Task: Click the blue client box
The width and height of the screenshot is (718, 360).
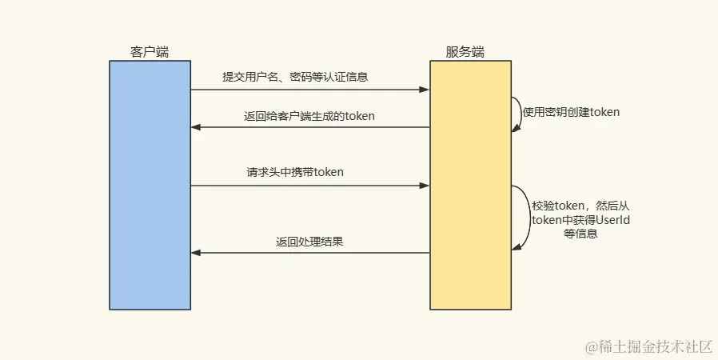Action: (x=150, y=185)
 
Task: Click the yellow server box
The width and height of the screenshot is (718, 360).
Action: (x=470, y=185)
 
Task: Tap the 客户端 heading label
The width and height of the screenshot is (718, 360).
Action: (x=150, y=52)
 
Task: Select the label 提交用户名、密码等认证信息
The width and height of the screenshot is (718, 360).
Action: (x=295, y=78)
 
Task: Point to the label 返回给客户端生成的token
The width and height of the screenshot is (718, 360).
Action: (x=309, y=116)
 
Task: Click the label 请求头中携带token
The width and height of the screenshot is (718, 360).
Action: (x=295, y=172)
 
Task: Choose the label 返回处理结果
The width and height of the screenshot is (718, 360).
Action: (x=310, y=241)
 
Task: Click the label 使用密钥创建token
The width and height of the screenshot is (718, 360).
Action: (x=571, y=112)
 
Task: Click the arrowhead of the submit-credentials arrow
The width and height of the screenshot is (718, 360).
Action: (x=425, y=90)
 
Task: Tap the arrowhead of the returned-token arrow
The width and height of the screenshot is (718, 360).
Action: (x=196, y=127)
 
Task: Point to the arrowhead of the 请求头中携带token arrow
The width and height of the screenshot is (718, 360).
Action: (x=425, y=186)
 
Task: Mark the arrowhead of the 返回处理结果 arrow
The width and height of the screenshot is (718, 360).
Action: (x=196, y=253)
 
